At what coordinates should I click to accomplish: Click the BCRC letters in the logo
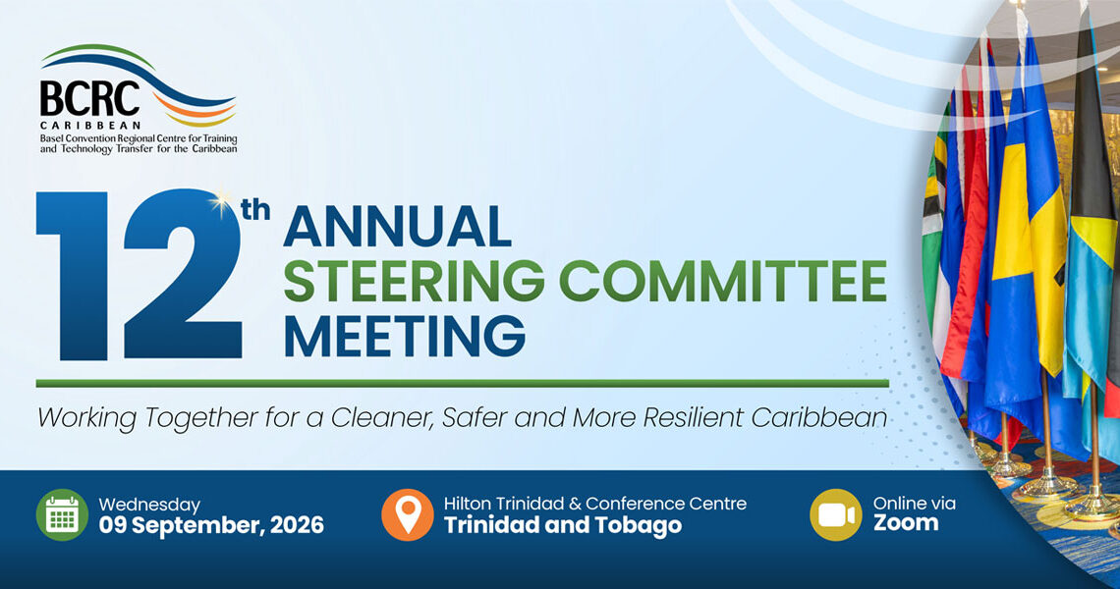89,98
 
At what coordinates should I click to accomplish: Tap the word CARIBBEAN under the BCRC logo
90,126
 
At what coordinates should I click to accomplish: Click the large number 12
140,276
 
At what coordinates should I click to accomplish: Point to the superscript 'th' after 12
255,210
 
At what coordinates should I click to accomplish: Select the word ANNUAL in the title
398,227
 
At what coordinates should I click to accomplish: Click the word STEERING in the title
415,281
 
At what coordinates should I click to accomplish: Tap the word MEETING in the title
405,336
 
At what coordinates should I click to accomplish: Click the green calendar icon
62,514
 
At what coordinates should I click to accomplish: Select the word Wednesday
149,505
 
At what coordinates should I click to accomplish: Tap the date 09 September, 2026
211,526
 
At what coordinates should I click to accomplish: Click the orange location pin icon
407,514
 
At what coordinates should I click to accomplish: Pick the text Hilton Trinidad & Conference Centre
595,504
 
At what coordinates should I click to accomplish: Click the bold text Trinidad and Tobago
563,525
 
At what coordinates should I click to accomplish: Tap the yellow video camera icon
836,514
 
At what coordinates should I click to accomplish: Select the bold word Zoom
906,523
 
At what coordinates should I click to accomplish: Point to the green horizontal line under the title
462,384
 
